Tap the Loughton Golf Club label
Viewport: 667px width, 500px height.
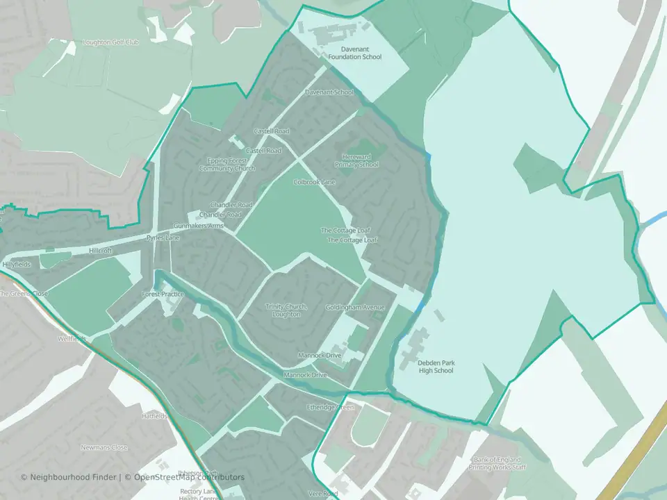pyautogui.click(x=111, y=42)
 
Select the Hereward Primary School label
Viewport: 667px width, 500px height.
pyautogui.click(x=356, y=160)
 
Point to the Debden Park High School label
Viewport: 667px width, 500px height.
pyautogui.click(x=436, y=366)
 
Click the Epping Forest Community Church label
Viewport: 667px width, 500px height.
pyautogui.click(x=227, y=165)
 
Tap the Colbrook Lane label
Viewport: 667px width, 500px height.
pyautogui.click(x=314, y=182)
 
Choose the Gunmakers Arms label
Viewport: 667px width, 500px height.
pyautogui.click(x=199, y=226)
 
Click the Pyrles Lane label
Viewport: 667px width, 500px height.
pyautogui.click(x=163, y=238)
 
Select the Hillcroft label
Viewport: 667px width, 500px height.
pyautogui.click(x=100, y=251)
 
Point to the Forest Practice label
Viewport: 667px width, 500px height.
pyautogui.click(x=163, y=294)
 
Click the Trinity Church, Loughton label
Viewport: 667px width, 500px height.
pyautogui.click(x=286, y=310)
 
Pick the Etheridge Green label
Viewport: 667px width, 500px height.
pyautogui.click(x=330, y=407)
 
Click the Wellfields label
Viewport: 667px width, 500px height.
pyautogui.click(x=72, y=339)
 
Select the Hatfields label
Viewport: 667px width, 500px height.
pyautogui.click(x=154, y=416)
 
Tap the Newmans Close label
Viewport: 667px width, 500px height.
pyautogui.click(x=104, y=447)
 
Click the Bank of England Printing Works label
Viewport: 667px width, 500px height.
pyautogui.click(x=500, y=464)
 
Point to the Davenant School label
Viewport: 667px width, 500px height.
pyautogui.click(x=329, y=92)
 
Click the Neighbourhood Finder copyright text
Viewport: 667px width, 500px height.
pyautogui.click(x=69, y=477)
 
